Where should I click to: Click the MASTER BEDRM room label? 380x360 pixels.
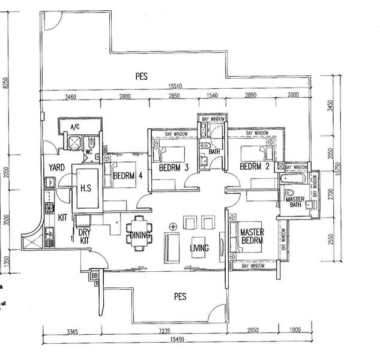(252, 236)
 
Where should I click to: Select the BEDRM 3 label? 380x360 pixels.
(174, 169)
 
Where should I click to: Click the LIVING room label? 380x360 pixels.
(200, 248)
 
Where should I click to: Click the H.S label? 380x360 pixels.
(85, 188)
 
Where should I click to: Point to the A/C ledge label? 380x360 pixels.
(75, 127)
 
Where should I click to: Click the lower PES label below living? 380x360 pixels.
(179, 296)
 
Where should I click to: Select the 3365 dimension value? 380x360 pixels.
(73, 331)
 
